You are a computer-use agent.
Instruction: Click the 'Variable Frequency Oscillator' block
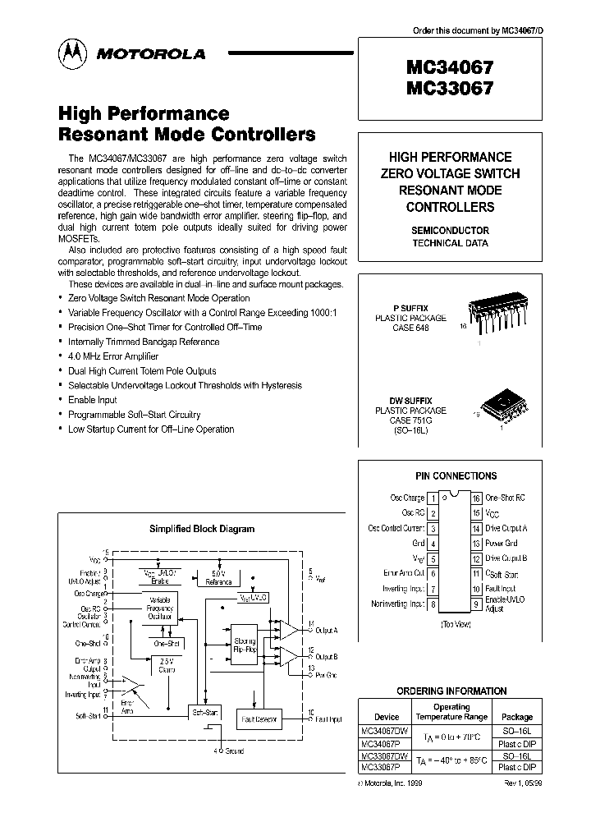(160, 608)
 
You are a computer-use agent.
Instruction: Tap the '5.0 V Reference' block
(218, 578)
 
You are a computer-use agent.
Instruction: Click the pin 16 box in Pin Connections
(475, 498)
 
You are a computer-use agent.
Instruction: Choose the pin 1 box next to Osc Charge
(433, 498)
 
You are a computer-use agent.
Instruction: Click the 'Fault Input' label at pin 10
(501, 589)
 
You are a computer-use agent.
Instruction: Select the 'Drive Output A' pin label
(507, 529)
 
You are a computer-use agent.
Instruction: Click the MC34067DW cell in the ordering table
(383, 730)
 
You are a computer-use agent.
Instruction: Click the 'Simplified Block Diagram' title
(201, 530)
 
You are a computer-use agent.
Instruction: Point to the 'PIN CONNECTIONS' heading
(454, 475)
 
